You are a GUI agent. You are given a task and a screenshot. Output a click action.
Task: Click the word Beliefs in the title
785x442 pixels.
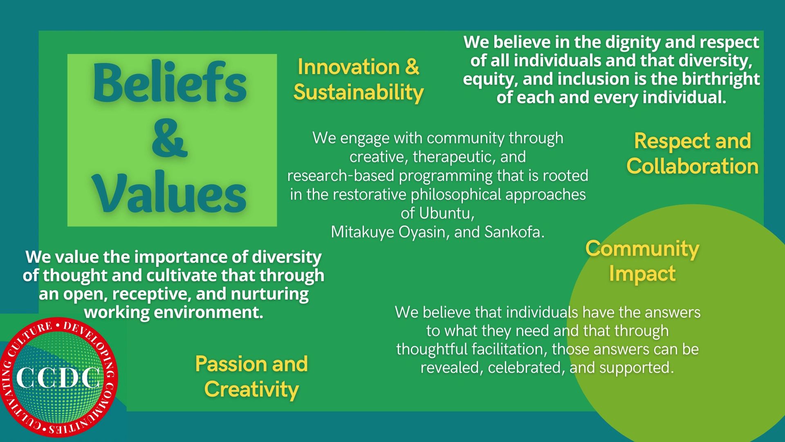click(170, 82)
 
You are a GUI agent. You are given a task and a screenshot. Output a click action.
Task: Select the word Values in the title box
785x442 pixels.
click(170, 192)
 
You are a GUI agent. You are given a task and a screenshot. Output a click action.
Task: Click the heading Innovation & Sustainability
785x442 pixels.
click(358, 79)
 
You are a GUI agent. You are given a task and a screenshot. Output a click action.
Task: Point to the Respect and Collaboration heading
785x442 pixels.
click(693, 153)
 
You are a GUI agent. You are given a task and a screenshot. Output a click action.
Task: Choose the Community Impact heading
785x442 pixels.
click(642, 261)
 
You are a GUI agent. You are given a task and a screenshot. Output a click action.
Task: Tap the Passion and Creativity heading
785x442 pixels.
click(251, 377)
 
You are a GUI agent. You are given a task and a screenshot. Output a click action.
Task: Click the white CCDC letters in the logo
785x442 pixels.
click(58, 377)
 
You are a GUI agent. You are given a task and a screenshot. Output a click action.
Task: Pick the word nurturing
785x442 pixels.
click(270, 294)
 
